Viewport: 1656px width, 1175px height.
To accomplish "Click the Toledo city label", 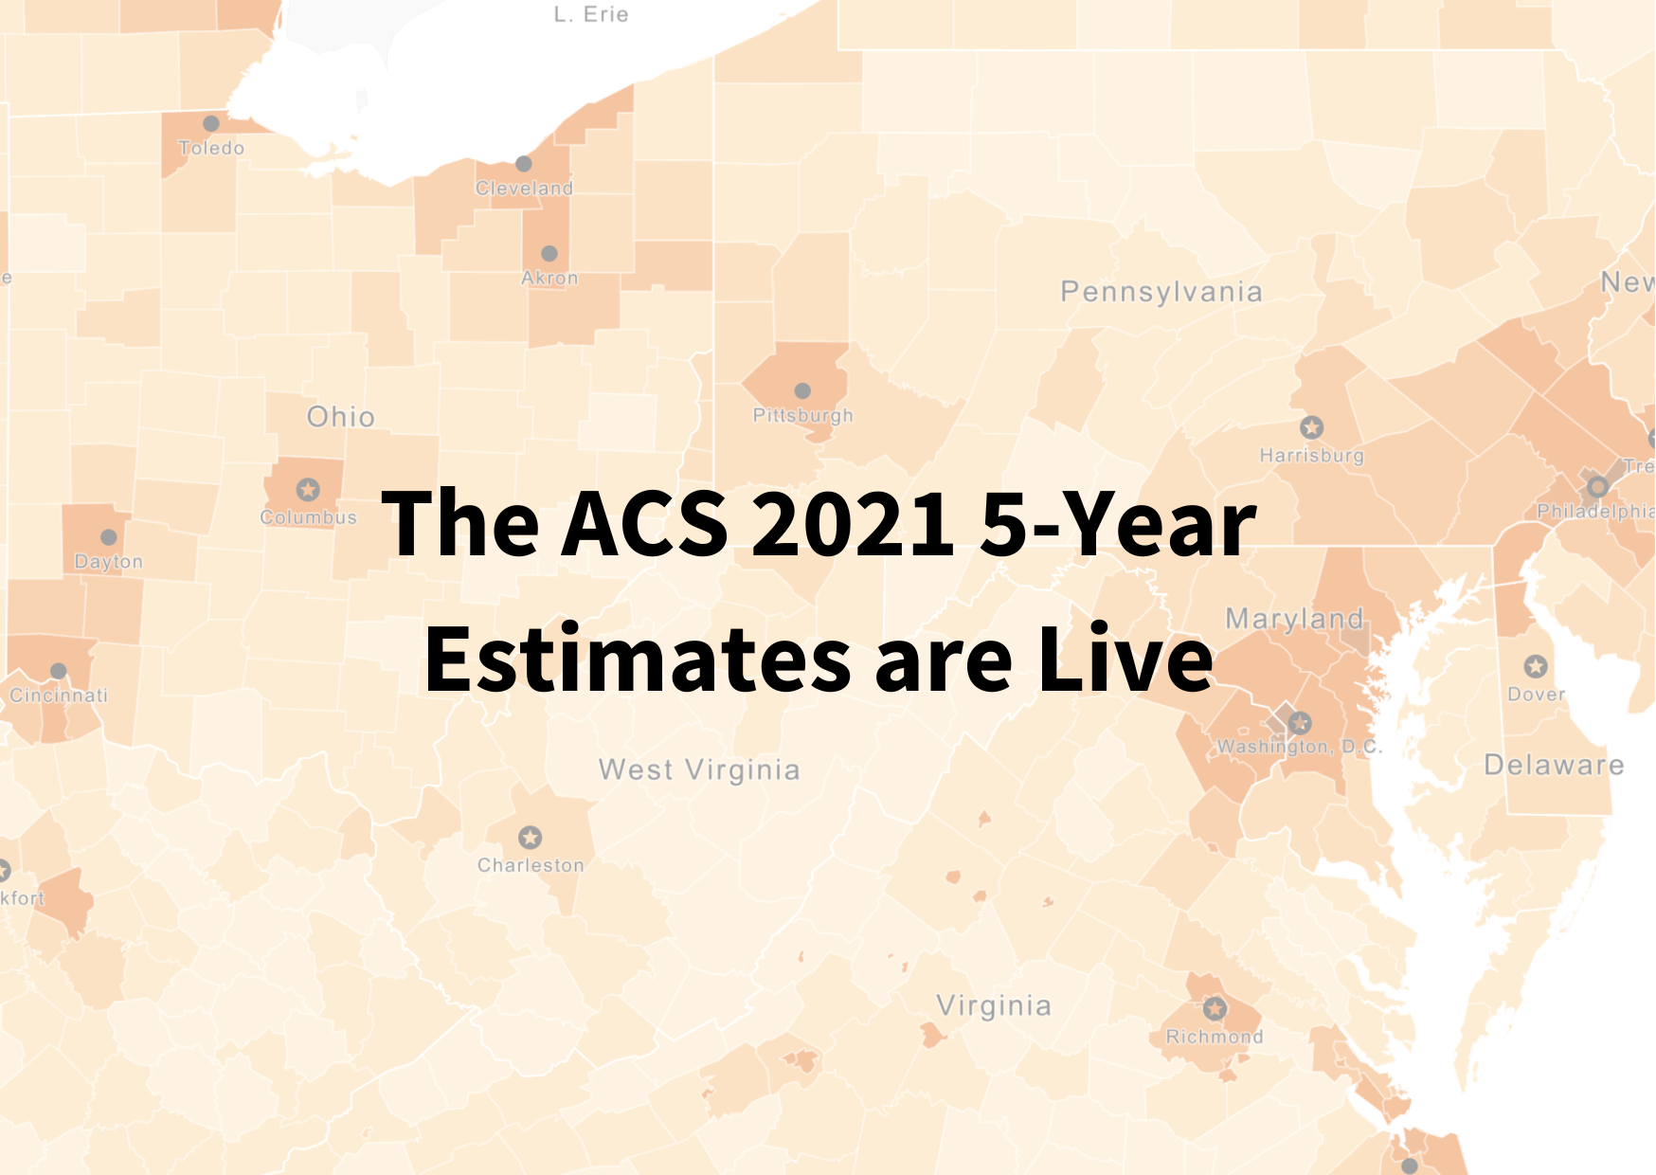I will click(211, 148).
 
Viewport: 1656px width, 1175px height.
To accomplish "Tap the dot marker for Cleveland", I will click(524, 164).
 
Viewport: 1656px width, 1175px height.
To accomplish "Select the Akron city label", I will click(549, 278).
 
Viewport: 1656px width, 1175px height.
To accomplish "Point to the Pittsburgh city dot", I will click(802, 390).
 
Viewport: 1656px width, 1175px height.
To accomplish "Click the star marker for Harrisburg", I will click(1311, 427).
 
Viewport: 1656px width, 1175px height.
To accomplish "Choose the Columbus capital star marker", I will click(308, 490).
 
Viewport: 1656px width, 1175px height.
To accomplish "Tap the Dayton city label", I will click(109, 561).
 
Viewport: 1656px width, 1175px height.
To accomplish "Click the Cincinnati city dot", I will click(59, 671).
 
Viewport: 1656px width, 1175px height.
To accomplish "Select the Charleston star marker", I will click(531, 838).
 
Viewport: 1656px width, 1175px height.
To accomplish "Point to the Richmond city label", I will click(1215, 1037).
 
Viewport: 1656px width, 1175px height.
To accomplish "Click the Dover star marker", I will click(1536, 666).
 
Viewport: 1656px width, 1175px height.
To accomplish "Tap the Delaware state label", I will click(1554, 765).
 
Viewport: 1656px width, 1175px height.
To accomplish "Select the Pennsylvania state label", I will click(1161, 292).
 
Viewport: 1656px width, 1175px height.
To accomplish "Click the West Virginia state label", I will click(699, 769).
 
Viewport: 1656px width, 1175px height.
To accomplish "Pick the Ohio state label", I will click(341, 417).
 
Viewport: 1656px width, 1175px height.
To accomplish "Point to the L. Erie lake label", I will click(591, 14).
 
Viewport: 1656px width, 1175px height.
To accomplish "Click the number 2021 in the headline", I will click(853, 523).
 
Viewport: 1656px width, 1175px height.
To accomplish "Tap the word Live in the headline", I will click(1125, 660).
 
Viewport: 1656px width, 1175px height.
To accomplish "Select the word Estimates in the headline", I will click(638, 660).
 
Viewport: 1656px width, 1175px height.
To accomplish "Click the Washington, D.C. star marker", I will click(1300, 723).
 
